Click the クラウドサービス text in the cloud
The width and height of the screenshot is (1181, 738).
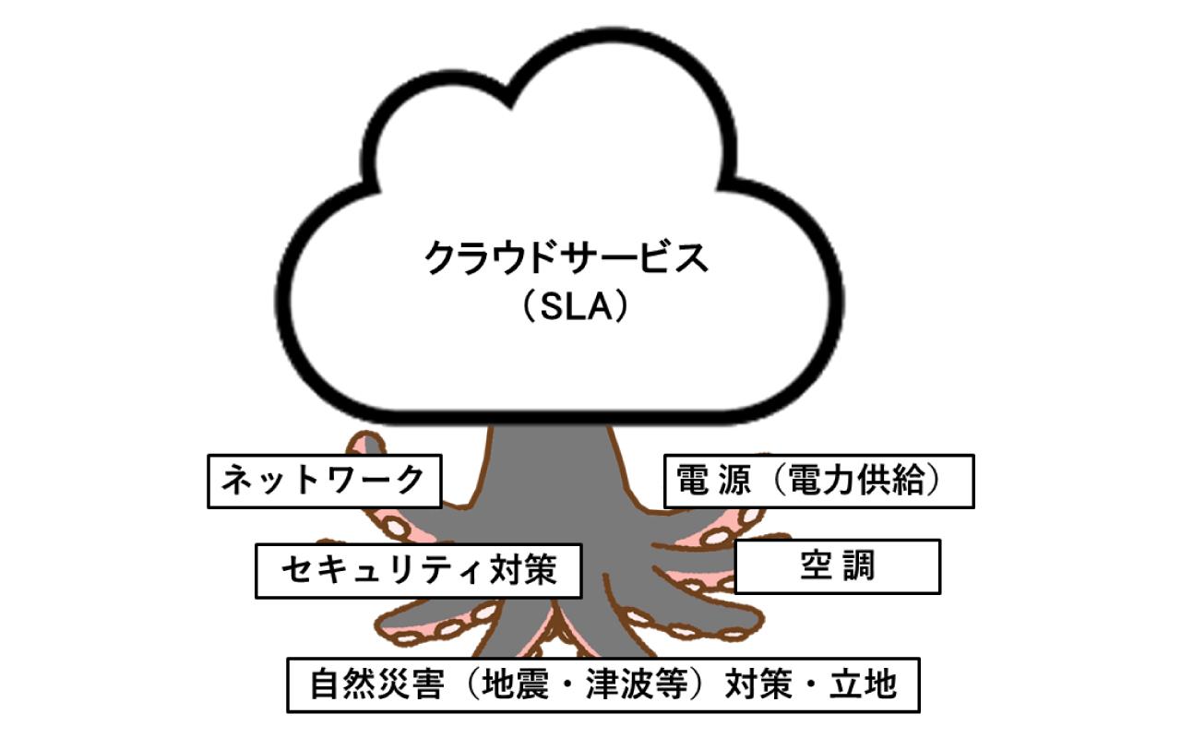coord(566,259)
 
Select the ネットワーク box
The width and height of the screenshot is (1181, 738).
coord(325,481)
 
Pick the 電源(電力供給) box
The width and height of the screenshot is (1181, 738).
coord(818,481)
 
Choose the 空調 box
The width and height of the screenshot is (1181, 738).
coord(837,566)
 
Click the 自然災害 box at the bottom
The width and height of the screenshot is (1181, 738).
coord(602,684)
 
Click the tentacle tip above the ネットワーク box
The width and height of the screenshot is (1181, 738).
coord(362,443)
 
